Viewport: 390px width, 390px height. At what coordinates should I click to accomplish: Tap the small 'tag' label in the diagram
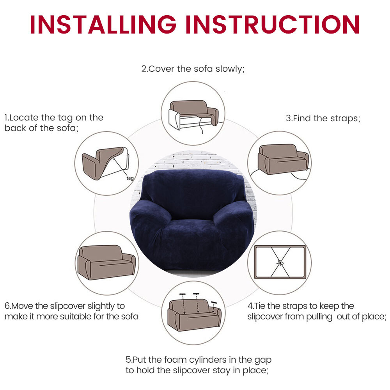(x=130, y=178)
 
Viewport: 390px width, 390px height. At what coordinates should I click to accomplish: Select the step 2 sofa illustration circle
(x=193, y=113)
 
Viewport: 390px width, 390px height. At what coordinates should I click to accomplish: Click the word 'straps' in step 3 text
(x=345, y=118)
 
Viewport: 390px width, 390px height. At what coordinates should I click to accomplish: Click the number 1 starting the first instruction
(x=6, y=117)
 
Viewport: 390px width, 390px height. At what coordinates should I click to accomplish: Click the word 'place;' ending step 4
(x=374, y=316)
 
